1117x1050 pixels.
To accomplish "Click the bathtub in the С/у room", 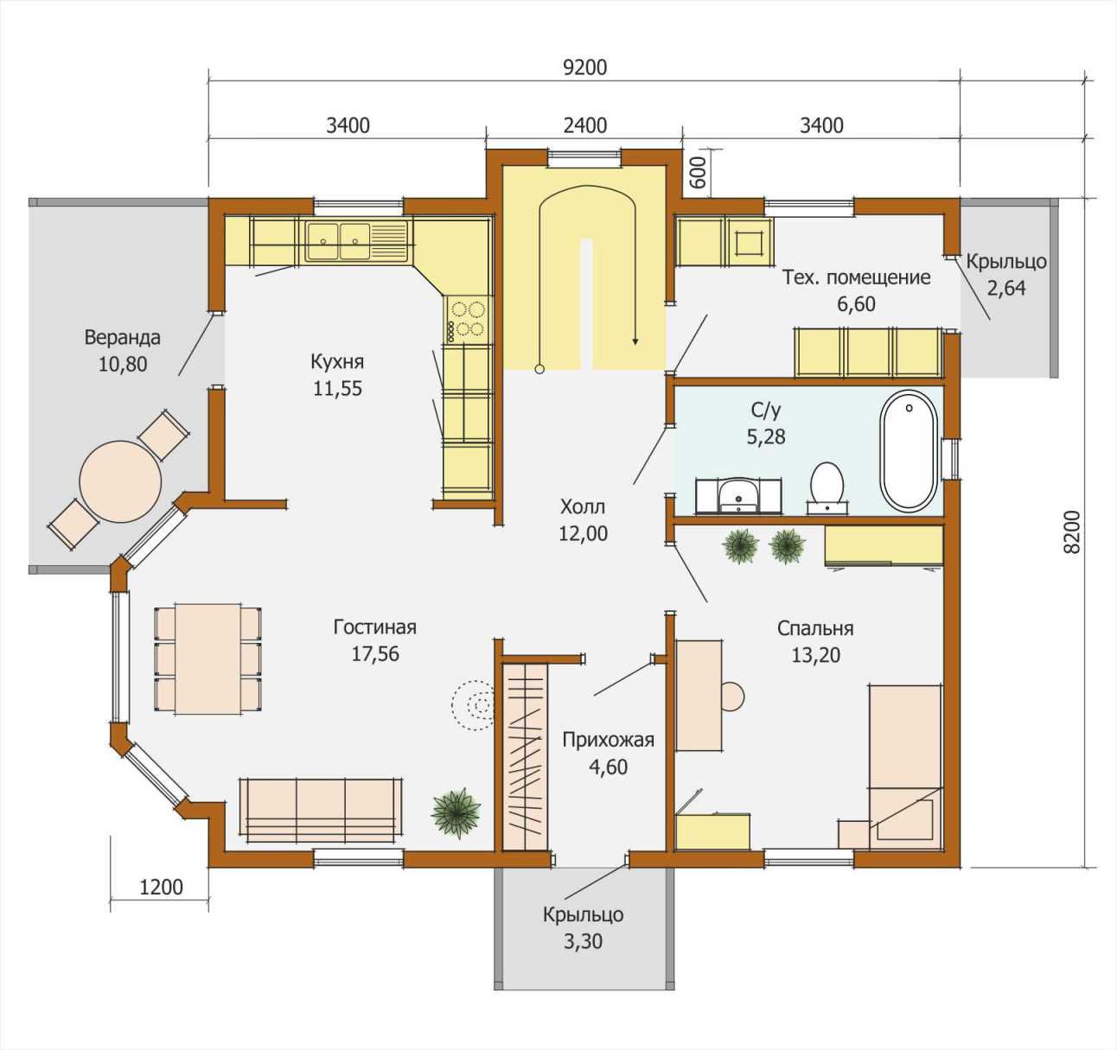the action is point(909,451).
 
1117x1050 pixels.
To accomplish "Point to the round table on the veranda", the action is point(120,482).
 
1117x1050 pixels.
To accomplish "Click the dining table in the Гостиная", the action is point(208,659).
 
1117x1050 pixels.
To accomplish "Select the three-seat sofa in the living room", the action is point(321,811).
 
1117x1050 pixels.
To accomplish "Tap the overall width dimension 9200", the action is point(585,67).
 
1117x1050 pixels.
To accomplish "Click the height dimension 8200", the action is point(1073,532).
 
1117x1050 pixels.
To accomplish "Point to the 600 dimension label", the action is point(698,173).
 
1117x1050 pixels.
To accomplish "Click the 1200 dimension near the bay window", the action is point(161,887).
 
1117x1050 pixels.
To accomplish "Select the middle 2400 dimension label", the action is point(585,125).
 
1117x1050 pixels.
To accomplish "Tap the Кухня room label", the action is point(337,361).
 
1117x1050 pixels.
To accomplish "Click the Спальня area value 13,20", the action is point(815,655).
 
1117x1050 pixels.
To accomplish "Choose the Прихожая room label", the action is point(608,740).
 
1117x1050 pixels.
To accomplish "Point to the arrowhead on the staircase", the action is point(635,340).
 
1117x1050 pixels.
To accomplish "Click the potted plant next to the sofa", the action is point(456,812).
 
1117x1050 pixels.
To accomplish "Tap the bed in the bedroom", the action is point(905,767).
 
